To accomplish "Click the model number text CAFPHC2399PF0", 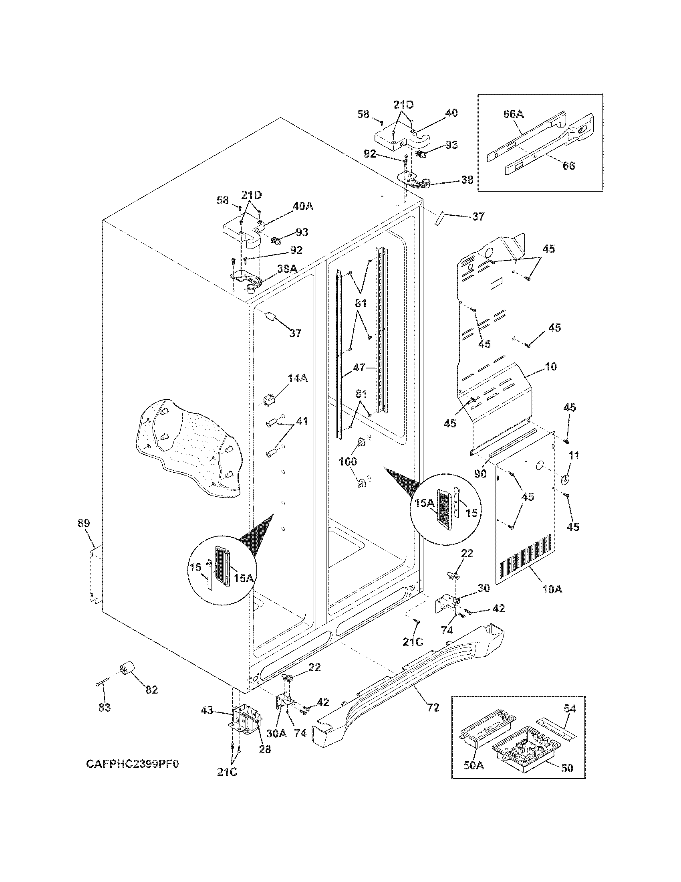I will [x=132, y=764].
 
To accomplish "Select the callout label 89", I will [x=84, y=523].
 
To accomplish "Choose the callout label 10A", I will [x=552, y=589].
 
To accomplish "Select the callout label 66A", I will [x=513, y=114].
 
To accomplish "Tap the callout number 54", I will [x=570, y=708].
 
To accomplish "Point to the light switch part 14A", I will [x=268, y=400].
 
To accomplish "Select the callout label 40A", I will [x=302, y=206].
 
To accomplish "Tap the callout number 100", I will [x=348, y=461].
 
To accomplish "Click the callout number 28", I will [x=265, y=749].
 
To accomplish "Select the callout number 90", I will [x=480, y=474].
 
